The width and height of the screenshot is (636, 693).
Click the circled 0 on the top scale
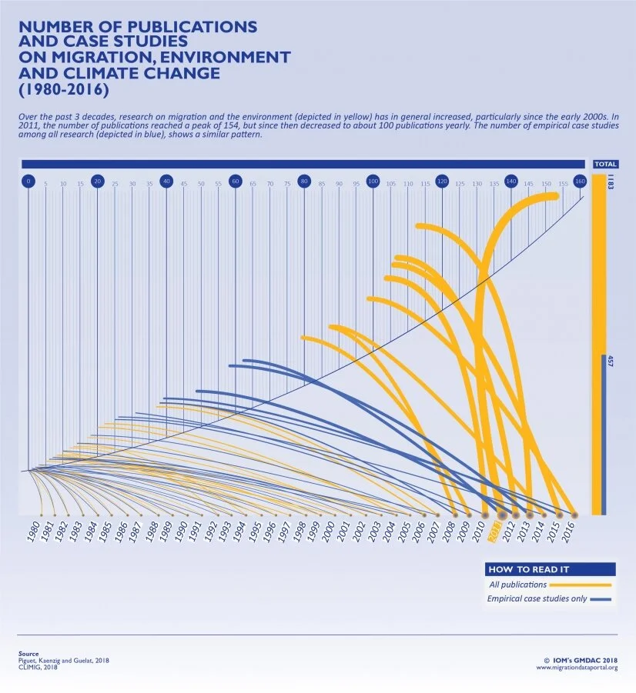28,182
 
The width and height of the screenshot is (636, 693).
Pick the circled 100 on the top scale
373,182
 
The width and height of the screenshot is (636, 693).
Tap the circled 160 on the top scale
580,182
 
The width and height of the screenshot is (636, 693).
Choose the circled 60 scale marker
236,182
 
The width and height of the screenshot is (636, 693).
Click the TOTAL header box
604,164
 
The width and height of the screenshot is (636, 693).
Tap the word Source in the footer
28,654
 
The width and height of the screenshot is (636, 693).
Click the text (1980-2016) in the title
63,89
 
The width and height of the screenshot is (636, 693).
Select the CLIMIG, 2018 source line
38,667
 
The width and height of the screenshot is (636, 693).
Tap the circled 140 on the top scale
511,182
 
